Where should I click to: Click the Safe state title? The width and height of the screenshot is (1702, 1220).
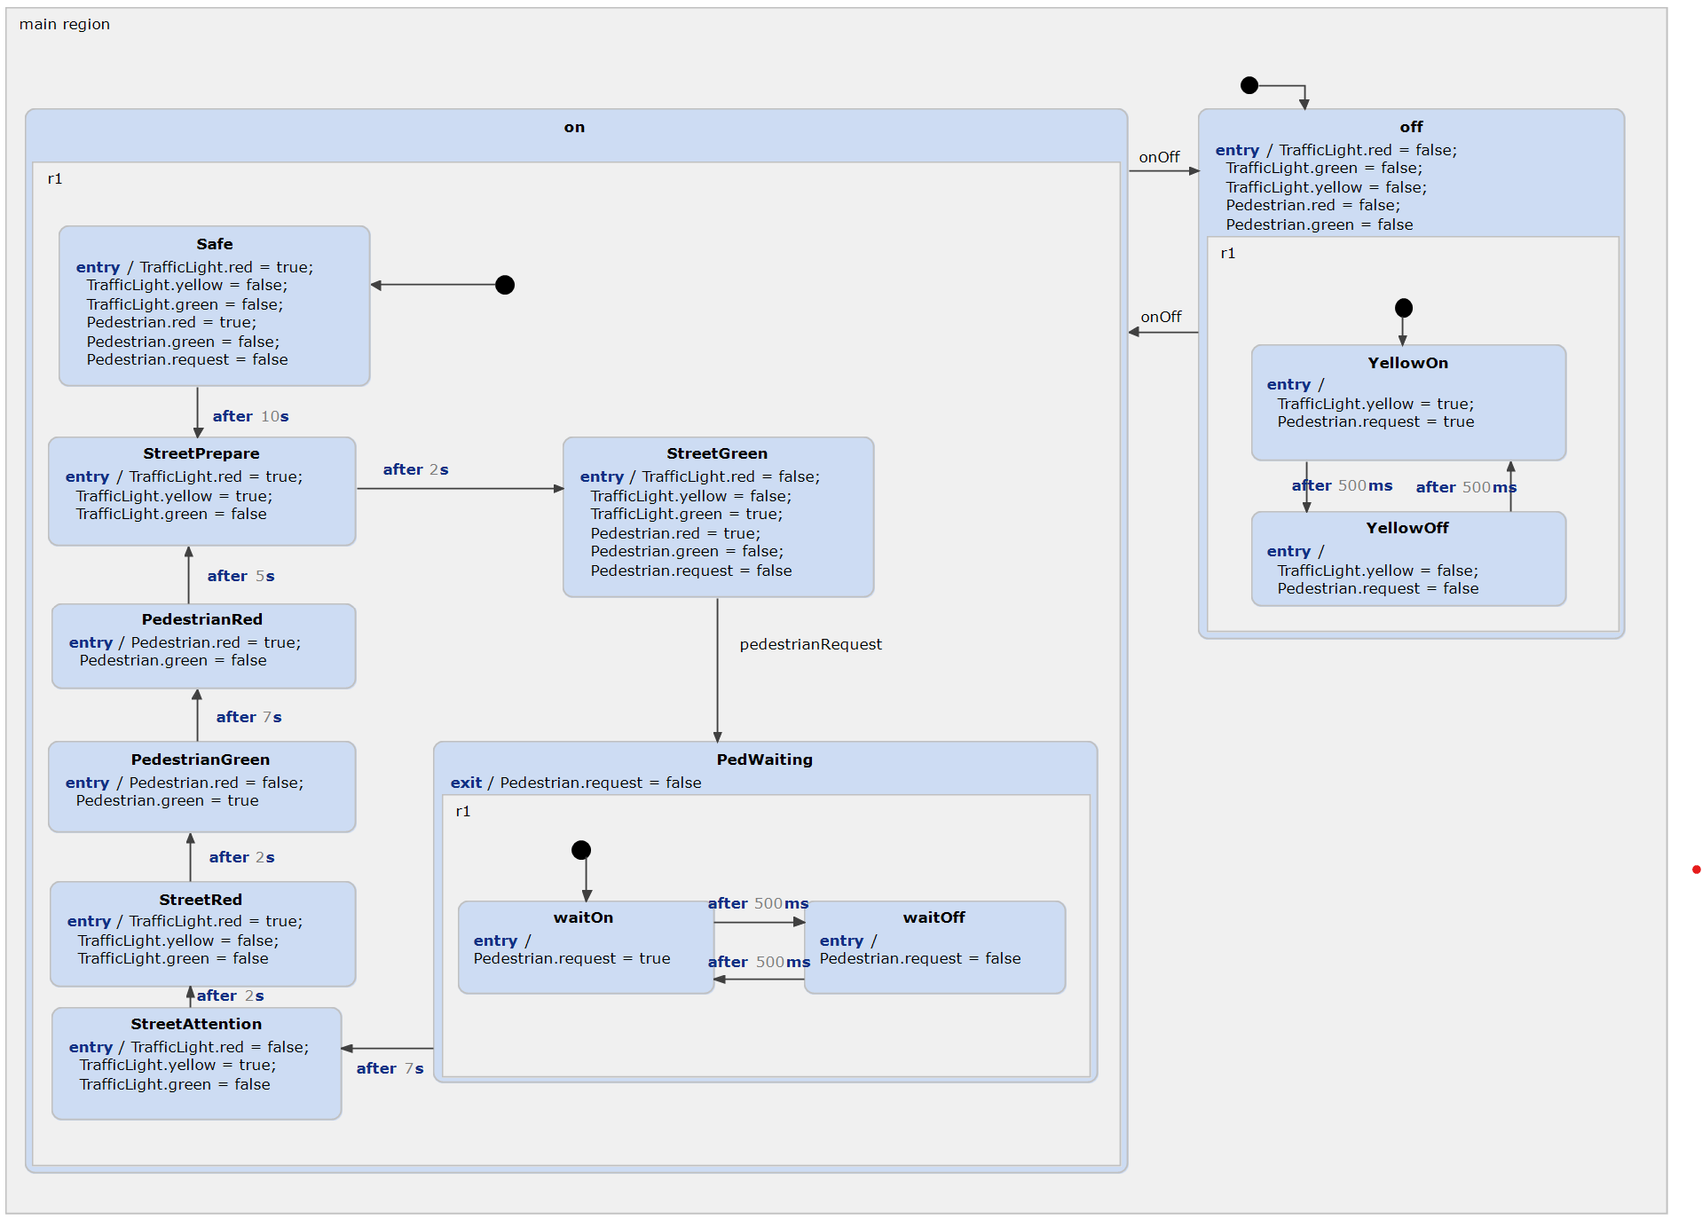tap(214, 244)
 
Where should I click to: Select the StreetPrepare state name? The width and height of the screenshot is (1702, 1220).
tap(201, 453)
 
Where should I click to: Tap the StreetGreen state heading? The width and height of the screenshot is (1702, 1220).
tap(717, 453)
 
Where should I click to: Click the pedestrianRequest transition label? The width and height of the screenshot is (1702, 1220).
tap(810, 644)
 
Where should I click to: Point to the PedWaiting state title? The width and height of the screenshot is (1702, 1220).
tap(764, 760)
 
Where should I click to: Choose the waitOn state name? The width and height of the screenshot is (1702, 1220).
tap(583, 917)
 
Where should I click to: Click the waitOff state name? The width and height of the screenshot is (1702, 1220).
tap(934, 917)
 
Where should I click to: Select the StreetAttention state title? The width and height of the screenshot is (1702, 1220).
tap(196, 1024)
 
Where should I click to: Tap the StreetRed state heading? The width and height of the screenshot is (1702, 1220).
tap(201, 900)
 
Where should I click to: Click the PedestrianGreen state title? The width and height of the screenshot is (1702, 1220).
tap(201, 760)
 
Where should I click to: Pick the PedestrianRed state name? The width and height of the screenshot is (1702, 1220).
tap(201, 619)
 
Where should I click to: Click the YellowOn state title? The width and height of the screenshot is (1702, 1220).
tap(1407, 363)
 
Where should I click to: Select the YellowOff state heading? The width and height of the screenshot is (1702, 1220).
tap(1407, 528)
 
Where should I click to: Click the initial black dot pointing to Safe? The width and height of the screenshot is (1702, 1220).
tap(505, 285)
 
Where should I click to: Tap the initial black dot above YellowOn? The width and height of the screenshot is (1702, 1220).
tap(1403, 308)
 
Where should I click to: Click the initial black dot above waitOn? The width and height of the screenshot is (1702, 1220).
tap(581, 850)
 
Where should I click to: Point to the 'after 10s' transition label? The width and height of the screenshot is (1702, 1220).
tap(250, 416)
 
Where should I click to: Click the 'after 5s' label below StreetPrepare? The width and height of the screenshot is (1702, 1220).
tap(240, 576)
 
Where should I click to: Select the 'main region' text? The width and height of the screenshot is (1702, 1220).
tap(65, 24)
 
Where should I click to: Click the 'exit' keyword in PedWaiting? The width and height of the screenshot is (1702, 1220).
tap(466, 783)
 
